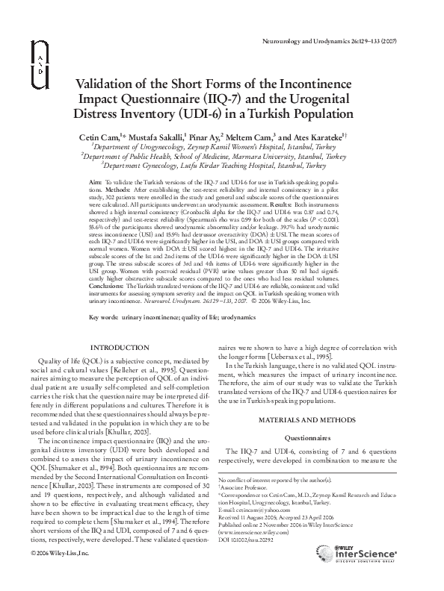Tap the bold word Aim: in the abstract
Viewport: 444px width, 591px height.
pyautogui.click(x=95, y=182)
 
